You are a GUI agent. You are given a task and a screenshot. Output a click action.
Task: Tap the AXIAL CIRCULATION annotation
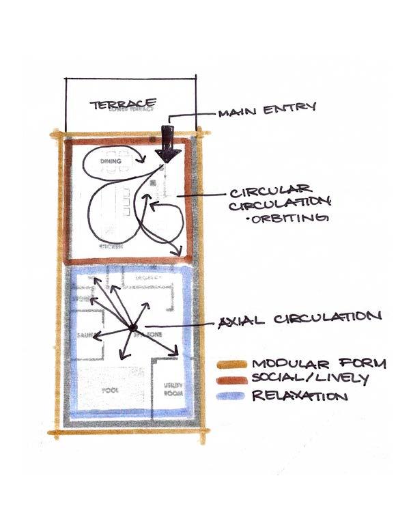(298, 318)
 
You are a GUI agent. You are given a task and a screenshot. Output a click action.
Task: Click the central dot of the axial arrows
(132, 329)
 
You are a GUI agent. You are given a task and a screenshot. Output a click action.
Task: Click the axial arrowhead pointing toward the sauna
(94, 335)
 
